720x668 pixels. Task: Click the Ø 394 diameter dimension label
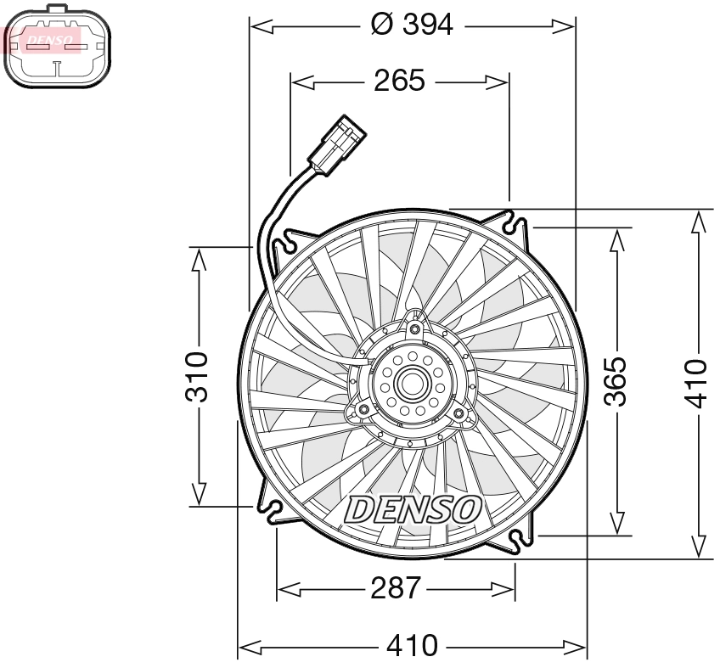click(413, 25)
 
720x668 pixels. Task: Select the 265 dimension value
click(399, 81)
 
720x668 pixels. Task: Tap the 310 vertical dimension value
click(197, 376)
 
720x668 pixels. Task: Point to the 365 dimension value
click(617, 381)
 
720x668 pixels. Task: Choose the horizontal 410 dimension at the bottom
click(412, 647)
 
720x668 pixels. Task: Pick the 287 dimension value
click(396, 587)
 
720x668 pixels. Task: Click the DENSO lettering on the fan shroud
click(413, 509)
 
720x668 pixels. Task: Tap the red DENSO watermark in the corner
click(42, 38)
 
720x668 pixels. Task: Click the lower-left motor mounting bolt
click(363, 412)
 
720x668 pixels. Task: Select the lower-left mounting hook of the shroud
click(274, 509)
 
